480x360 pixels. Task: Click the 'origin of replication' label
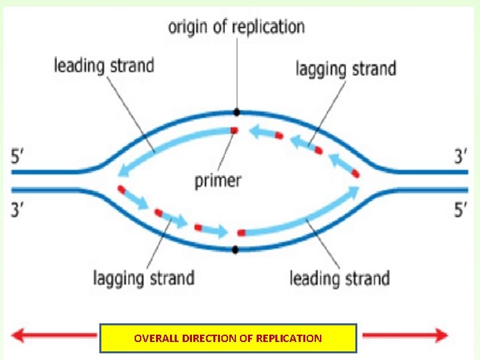pyautogui.click(x=236, y=27)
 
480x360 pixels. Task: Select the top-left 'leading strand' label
pyautogui.click(x=103, y=65)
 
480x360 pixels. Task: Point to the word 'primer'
pyautogui.click(x=218, y=180)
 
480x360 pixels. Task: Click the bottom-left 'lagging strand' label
pyautogui.click(x=143, y=277)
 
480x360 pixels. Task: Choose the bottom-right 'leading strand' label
pyautogui.click(x=339, y=277)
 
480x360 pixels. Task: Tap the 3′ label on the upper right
pyautogui.click(x=461, y=157)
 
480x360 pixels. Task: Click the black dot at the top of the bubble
pyautogui.click(x=236, y=112)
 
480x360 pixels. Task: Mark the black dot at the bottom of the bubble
pyautogui.click(x=235, y=250)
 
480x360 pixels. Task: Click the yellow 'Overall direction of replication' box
pyautogui.click(x=228, y=338)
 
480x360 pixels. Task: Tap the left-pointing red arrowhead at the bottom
pyautogui.click(x=19, y=335)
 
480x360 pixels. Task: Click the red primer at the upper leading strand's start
pyautogui.click(x=233, y=130)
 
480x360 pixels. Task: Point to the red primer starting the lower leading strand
pyautogui.click(x=241, y=233)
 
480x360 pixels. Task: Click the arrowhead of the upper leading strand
pyautogui.click(x=122, y=171)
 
